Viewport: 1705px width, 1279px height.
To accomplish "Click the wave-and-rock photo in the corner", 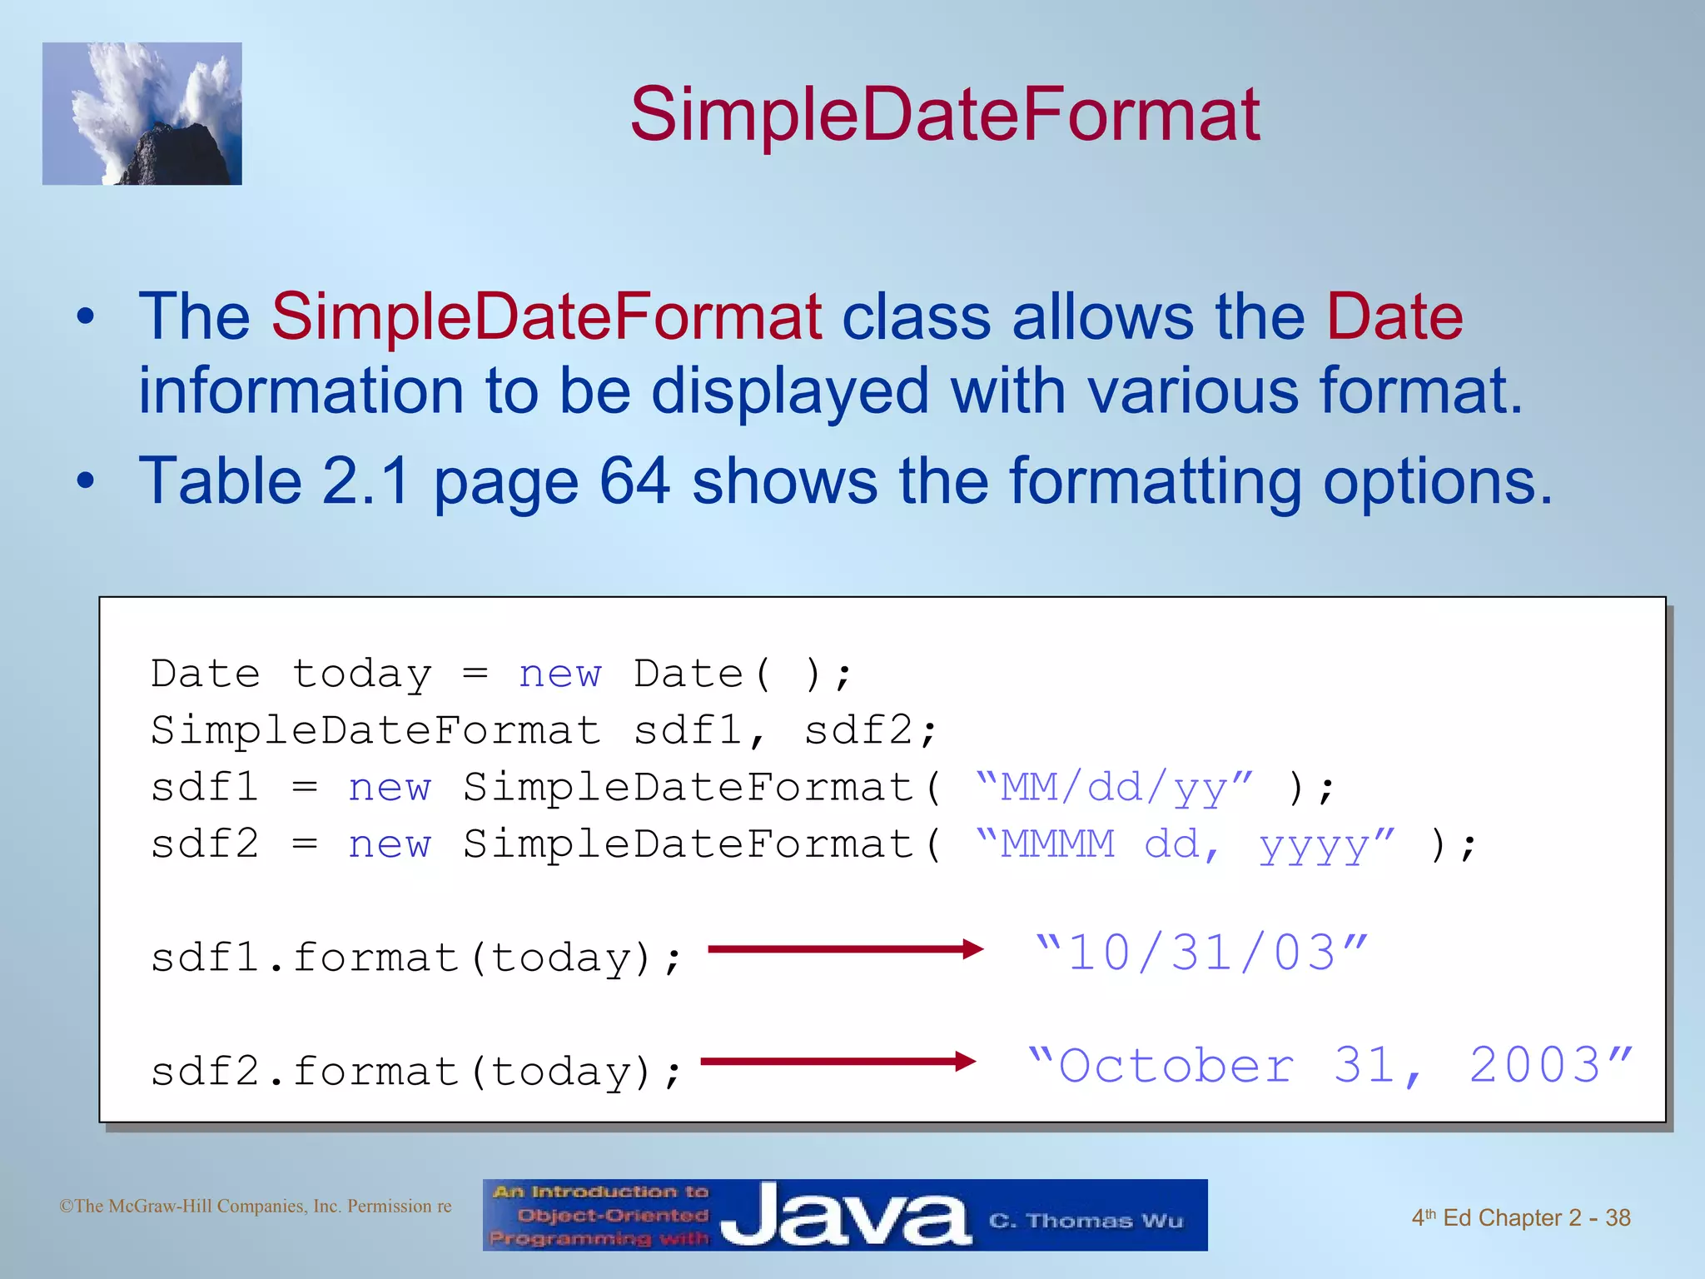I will [142, 114].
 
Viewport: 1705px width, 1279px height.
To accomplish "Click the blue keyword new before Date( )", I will [559, 674].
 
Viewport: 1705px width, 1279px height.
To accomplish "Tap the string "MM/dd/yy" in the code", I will [1114, 788].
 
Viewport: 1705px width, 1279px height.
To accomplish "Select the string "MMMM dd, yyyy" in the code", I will [1184, 845].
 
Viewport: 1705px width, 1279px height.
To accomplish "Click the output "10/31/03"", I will [1201, 953].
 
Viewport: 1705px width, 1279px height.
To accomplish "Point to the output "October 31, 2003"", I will [1330, 1066].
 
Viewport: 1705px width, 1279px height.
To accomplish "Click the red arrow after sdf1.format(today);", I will [845, 948].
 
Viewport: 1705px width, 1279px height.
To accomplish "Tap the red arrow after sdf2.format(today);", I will [838, 1061].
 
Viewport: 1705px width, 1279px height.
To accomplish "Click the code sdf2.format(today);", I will [416, 1072].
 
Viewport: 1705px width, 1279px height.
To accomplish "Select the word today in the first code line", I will [362, 674].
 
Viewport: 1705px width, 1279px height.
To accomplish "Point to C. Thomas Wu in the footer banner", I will [1086, 1222].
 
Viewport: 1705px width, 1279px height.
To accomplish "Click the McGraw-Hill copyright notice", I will [256, 1207].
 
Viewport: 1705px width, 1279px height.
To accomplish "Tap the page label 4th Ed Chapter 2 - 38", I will [1520, 1218].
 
